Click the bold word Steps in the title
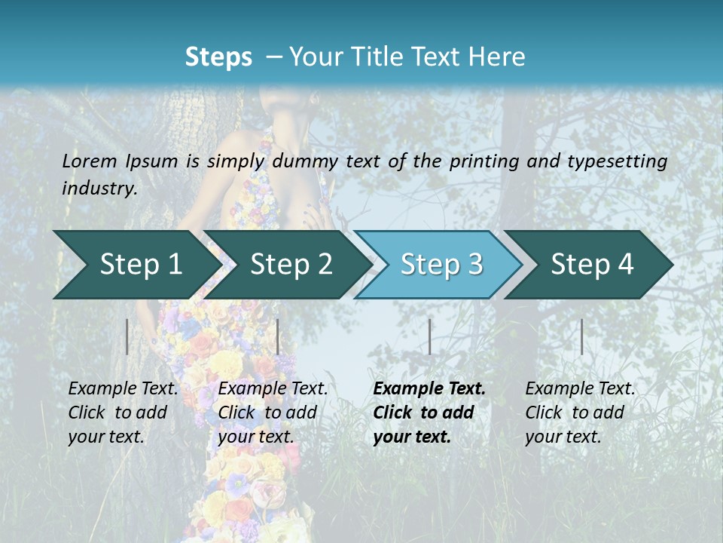(x=218, y=57)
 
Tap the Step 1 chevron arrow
(x=136, y=264)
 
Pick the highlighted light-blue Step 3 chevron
(x=441, y=264)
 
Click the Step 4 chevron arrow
(x=591, y=264)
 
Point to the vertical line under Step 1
(x=127, y=336)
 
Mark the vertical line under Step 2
(x=278, y=336)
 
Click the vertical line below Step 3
(x=429, y=336)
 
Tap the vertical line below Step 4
(x=581, y=336)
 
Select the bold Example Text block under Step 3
(x=429, y=413)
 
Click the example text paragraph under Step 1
(x=123, y=413)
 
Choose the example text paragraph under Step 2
(x=273, y=413)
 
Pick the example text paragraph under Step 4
(x=580, y=413)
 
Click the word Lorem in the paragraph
(x=90, y=161)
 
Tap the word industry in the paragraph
(x=99, y=189)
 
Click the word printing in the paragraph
(x=477, y=161)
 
